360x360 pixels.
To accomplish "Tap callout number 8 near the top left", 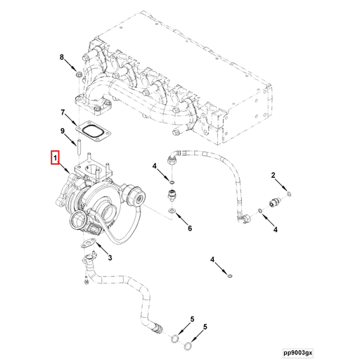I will pyautogui.click(x=62, y=56).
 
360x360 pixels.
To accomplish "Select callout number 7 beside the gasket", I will pyautogui.click(x=62, y=112).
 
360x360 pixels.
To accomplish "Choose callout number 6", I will pyautogui.click(x=188, y=228).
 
